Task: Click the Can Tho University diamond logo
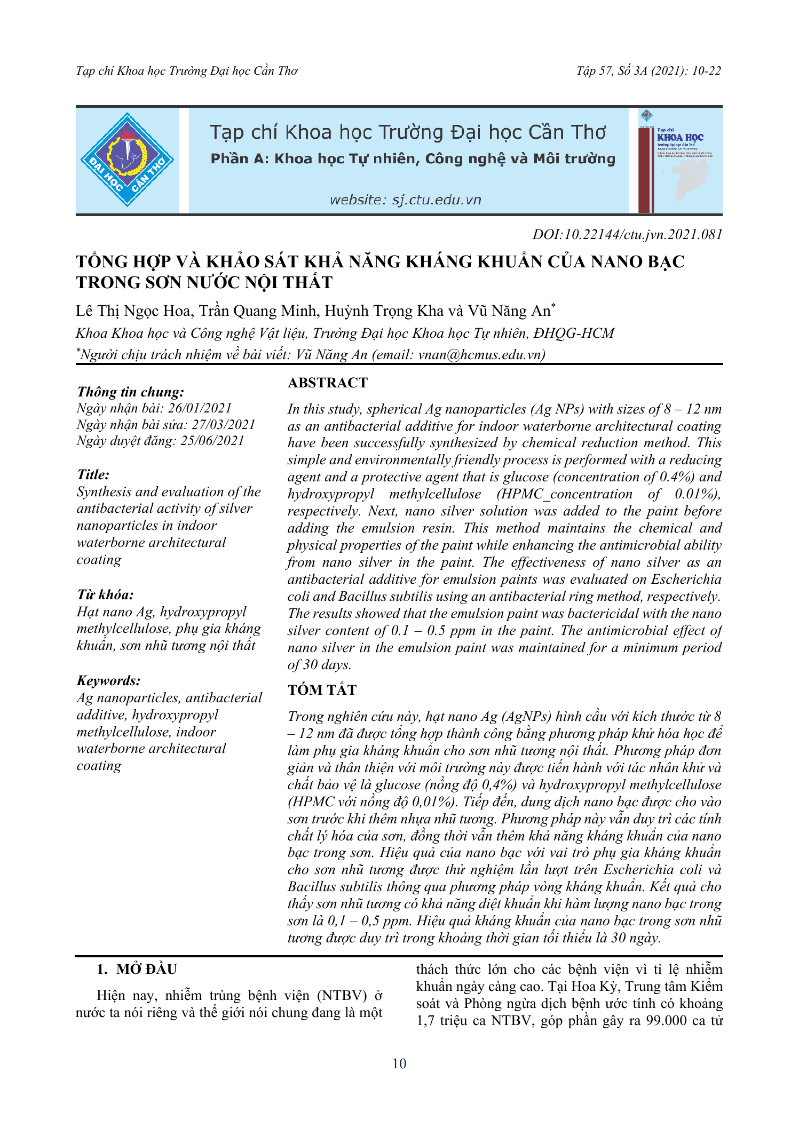(127, 160)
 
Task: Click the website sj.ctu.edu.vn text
(405, 200)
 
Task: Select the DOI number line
(627, 234)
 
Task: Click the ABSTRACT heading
(328, 383)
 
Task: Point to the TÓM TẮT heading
(322, 690)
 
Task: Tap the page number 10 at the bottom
(399, 1063)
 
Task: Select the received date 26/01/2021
(200, 408)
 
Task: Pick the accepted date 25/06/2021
(212, 441)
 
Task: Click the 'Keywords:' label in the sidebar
(109, 681)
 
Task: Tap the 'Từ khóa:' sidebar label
(105, 595)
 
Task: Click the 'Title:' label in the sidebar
(93, 475)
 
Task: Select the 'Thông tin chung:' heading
(131, 392)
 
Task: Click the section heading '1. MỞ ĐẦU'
(137, 970)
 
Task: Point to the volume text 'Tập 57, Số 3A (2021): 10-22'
(648, 71)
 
